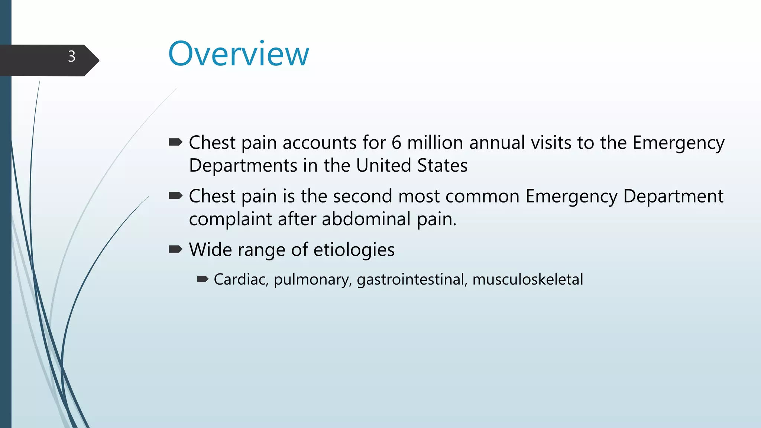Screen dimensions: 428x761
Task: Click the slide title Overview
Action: coord(239,54)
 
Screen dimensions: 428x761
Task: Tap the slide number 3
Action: coord(72,56)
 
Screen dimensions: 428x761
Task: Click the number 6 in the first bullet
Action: coord(396,143)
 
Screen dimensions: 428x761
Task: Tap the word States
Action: coord(442,166)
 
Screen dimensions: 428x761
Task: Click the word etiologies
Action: coord(354,250)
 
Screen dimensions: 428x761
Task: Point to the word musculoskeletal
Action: coord(528,279)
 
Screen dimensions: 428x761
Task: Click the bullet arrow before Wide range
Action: coord(175,249)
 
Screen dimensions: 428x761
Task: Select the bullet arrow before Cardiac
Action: coord(203,279)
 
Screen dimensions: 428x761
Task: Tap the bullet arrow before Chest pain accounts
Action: coord(175,142)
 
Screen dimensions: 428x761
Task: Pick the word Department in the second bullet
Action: coord(673,196)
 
